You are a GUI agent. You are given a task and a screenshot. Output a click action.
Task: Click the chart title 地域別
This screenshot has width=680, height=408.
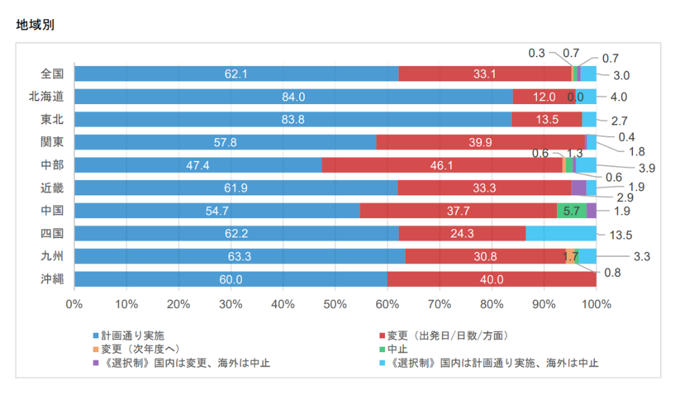35,25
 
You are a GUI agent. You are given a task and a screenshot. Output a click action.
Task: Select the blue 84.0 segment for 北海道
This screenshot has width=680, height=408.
293,97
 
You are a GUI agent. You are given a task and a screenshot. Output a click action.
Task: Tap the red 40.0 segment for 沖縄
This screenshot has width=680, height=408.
492,279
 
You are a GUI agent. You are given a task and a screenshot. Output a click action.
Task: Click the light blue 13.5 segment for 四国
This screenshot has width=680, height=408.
561,234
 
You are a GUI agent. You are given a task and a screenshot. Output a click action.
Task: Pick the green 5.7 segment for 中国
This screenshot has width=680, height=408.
571,211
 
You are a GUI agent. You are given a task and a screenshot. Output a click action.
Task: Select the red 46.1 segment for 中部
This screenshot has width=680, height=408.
442,165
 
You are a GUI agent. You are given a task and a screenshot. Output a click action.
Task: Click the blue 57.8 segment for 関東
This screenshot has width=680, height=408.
225,142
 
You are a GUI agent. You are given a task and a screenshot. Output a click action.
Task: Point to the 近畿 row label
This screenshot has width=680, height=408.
52,188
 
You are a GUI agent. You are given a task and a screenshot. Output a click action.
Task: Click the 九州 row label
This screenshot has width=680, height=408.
52,256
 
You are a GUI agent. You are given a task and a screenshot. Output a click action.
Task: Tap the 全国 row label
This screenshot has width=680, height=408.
52,73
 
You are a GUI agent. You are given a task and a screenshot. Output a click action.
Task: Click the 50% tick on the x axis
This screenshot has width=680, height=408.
335,304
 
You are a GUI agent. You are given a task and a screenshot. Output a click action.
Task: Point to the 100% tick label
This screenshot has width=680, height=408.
596,304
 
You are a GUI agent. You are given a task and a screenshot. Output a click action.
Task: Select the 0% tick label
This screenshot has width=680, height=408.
74,304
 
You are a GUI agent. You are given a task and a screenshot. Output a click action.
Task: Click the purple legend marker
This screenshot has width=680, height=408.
96,362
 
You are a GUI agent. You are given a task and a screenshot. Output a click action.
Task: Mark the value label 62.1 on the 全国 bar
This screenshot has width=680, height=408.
236,73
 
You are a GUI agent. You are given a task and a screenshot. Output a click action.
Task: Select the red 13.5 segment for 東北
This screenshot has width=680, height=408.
547,120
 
